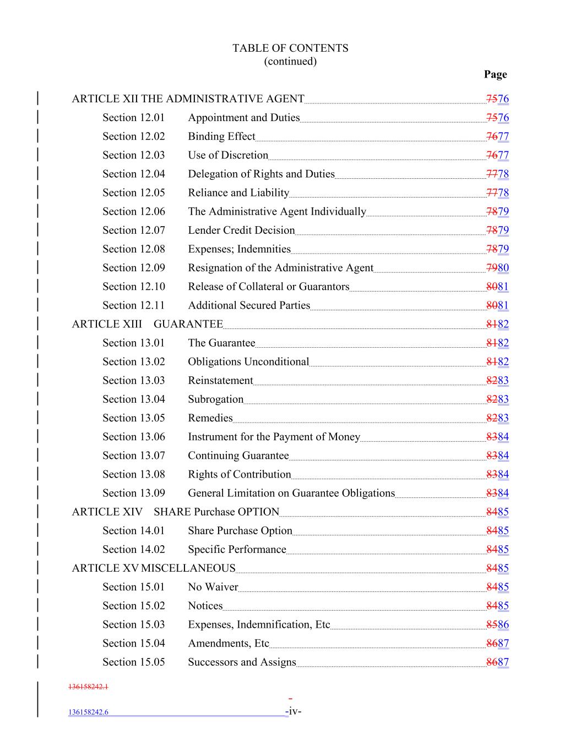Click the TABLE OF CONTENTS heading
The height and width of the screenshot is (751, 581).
click(x=290, y=48)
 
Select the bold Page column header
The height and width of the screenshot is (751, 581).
click(x=495, y=74)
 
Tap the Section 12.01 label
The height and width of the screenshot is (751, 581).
click(x=133, y=118)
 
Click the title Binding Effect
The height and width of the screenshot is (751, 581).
click(x=221, y=136)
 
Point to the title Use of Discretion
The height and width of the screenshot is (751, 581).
click(x=228, y=155)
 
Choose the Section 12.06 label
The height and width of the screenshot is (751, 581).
click(x=133, y=212)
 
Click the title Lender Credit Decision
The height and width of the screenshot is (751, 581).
click(x=241, y=231)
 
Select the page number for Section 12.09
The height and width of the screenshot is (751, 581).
click(x=498, y=268)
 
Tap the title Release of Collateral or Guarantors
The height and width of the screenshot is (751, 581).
click(x=268, y=287)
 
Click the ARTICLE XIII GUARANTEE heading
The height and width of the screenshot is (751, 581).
click(x=147, y=324)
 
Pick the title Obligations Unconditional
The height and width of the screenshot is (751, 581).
click(x=248, y=362)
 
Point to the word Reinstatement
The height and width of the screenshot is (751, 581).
click(x=220, y=381)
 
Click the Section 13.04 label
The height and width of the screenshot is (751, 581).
click(x=133, y=399)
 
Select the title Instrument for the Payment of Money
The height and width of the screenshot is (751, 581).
click(x=274, y=437)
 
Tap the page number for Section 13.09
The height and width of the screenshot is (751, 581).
click(x=498, y=494)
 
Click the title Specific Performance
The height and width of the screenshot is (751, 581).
click(x=237, y=550)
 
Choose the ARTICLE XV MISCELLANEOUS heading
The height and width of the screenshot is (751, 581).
click(x=154, y=568)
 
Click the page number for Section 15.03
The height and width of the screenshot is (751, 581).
click(x=498, y=624)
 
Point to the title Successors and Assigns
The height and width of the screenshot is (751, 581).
click(x=242, y=662)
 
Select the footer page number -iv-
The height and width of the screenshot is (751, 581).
click(x=294, y=711)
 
